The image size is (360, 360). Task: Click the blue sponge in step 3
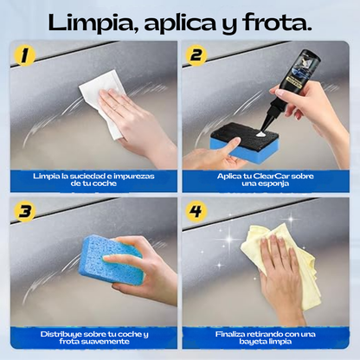110,263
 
